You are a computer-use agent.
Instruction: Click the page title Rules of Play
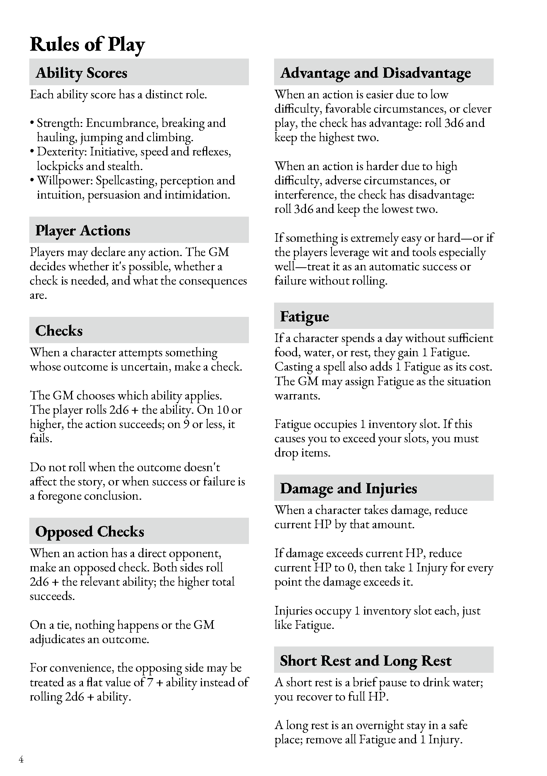[87, 45]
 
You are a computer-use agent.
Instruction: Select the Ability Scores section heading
[81, 73]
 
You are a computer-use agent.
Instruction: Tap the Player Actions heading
[83, 231]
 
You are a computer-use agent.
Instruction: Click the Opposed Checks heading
[90, 532]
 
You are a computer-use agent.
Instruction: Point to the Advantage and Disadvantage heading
[375, 73]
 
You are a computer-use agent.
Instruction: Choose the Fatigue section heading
[304, 316]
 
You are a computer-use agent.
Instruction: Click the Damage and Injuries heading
[348, 488]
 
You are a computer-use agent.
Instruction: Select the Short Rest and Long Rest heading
[366, 661]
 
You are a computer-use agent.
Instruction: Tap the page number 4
[21, 760]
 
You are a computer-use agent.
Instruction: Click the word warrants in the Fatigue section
[297, 396]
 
